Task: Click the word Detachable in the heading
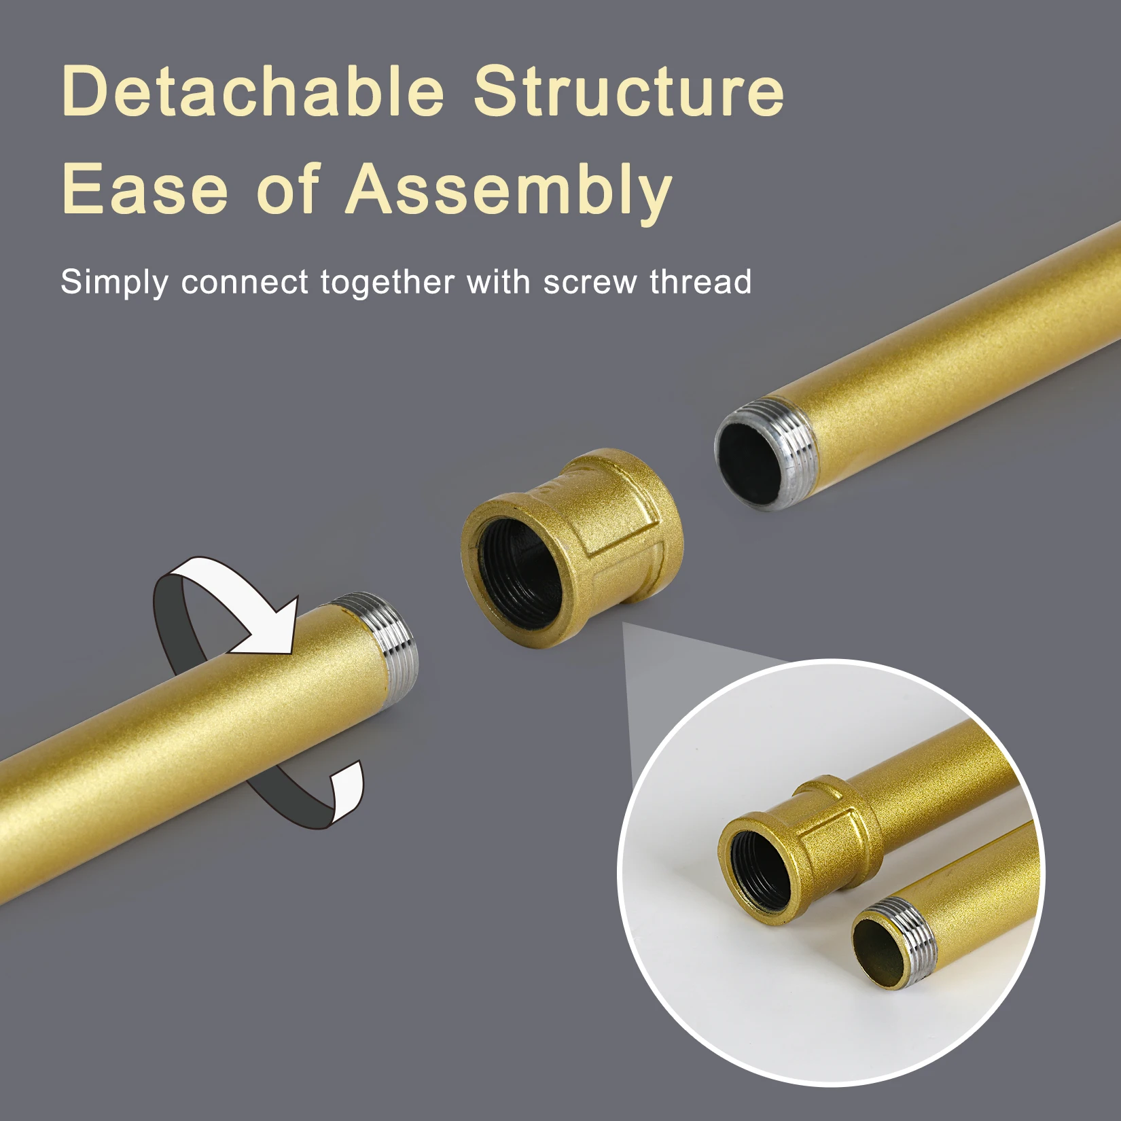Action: click(253, 92)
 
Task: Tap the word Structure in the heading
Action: click(628, 92)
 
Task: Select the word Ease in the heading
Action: click(145, 189)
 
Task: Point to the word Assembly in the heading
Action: click(509, 190)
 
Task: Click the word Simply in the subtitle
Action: click(114, 283)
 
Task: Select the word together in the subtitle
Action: click(387, 283)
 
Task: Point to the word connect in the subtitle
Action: click(245, 283)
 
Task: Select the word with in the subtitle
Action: click(498, 281)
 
